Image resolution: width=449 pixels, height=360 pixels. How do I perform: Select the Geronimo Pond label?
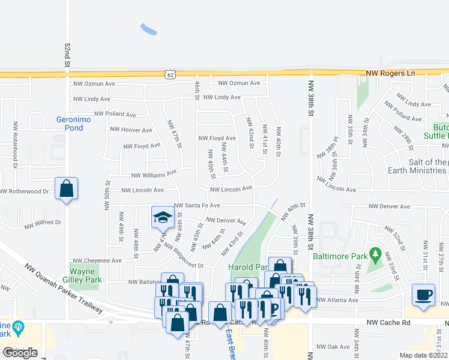[74, 123]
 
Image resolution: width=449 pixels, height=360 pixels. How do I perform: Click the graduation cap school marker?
[161, 217]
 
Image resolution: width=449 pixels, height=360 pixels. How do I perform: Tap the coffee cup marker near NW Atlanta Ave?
[424, 295]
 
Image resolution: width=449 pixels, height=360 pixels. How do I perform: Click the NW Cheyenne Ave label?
[97, 261]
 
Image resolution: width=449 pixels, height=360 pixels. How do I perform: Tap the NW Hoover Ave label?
[131, 130]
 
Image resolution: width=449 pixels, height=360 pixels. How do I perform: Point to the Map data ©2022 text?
[423, 355]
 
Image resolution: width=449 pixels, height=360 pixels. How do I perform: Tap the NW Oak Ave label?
[333, 347]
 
